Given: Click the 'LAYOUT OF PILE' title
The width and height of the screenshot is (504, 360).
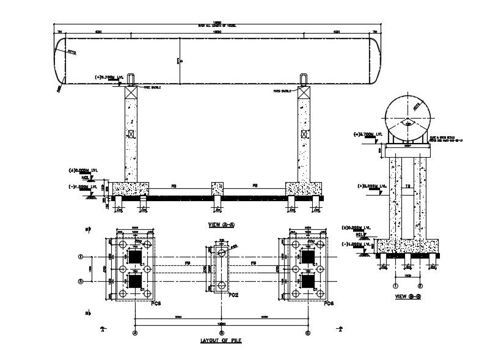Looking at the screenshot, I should [x=221, y=340].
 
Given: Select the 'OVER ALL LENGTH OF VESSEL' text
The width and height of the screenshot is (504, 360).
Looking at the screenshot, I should [x=217, y=26].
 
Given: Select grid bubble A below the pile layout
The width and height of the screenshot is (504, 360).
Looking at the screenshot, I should [x=135, y=332].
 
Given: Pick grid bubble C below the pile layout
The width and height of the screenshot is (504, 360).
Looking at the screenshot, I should [x=307, y=332].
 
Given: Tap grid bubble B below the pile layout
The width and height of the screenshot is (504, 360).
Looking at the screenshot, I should [x=221, y=332].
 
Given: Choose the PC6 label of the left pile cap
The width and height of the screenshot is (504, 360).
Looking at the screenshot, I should [x=156, y=303].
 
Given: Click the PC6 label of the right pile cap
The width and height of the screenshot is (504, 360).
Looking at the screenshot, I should [x=328, y=303].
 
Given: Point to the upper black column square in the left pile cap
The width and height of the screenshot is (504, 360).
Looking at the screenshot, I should [x=134, y=256].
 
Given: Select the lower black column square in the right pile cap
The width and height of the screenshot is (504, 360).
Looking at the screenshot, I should [x=307, y=281].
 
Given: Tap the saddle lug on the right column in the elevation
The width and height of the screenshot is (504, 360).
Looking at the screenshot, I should [x=304, y=78].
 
